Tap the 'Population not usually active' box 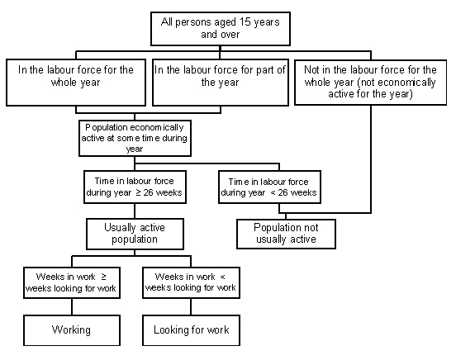(287, 234)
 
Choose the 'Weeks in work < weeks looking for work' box (191, 282)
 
